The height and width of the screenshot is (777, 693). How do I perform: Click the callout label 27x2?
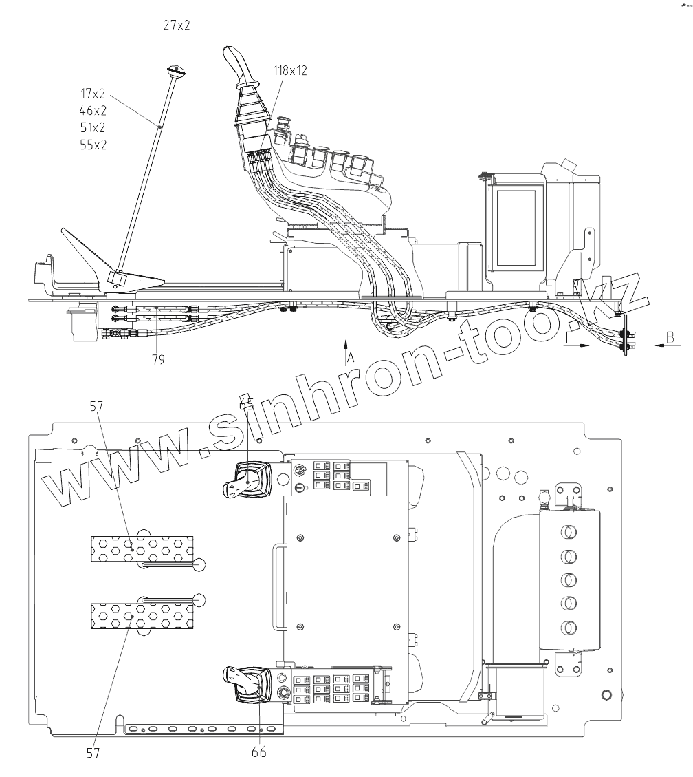177,26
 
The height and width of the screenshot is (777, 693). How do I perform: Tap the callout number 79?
159,359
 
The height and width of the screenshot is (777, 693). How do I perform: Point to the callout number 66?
258,752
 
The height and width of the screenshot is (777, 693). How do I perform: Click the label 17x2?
93,93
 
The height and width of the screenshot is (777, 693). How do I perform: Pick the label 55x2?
93,145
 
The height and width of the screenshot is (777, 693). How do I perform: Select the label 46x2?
93,110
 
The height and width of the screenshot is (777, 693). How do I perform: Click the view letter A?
351,356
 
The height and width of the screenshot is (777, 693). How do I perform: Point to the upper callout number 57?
96,407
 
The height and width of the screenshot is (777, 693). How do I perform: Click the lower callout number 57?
93,753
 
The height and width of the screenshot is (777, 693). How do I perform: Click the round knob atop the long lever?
177,71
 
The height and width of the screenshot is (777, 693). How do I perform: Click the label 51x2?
93,127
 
